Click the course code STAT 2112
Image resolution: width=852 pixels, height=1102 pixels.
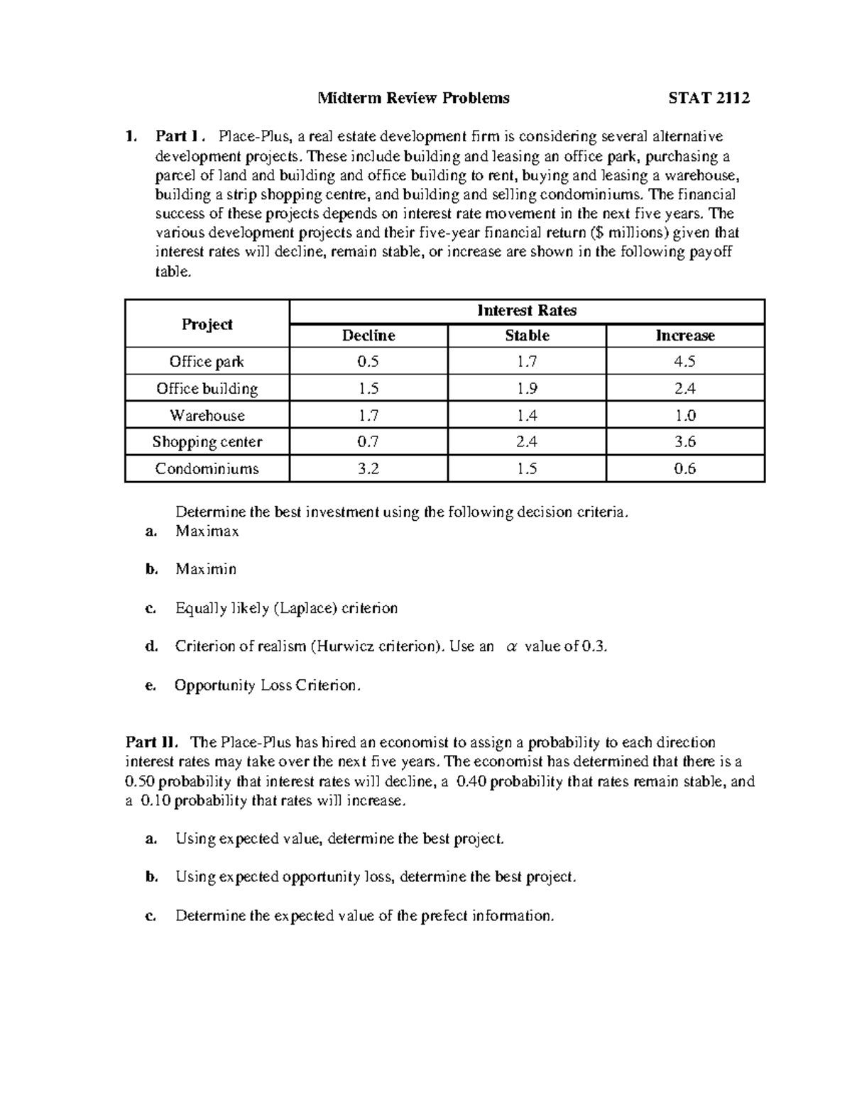(x=709, y=98)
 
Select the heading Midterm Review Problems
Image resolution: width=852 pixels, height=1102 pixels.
(x=413, y=98)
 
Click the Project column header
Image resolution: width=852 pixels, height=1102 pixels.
(x=207, y=324)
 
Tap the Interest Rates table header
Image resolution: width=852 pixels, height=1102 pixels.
(x=527, y=311)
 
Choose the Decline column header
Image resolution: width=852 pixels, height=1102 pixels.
(x=368, y=336)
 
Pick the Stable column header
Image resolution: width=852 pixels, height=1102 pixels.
(x=527, y=336)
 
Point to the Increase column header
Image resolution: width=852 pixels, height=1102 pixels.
(x=685, y=336)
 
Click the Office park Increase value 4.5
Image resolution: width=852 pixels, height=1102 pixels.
(x=685, y=361)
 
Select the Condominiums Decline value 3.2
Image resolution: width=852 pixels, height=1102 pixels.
(x=368, y=468)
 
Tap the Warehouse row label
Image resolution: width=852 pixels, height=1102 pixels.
(x=207, y=415)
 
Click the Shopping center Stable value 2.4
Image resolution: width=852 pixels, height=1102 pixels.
(x=527, y=441)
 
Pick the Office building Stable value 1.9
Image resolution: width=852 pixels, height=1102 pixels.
(x=527, y=388)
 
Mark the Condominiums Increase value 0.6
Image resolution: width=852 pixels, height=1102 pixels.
(x=685, y=468)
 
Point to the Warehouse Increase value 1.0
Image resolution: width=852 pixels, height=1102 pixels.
(x=685, y=415)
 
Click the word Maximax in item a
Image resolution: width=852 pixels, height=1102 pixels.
(x=207, y=531)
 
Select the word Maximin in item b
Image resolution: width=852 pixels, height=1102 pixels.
(x=206, y=569)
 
